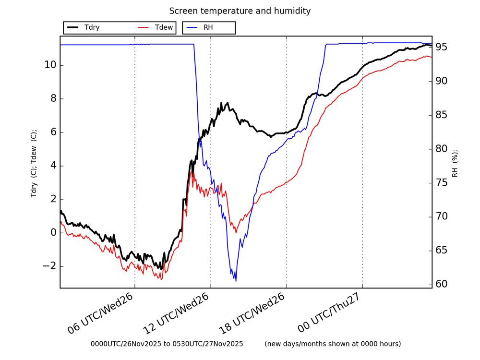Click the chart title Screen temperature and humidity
pos(240,11)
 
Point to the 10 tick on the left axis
pos(50,65)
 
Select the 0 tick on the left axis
pos(52,233)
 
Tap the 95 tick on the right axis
pos(443,47)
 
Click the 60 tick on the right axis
pos(443,284)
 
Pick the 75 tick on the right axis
pos(443,182)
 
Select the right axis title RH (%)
pos(455,162)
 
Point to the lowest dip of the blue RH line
pos(235,281)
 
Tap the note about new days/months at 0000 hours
pos(332,344)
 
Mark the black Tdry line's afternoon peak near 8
pos(221,103)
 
